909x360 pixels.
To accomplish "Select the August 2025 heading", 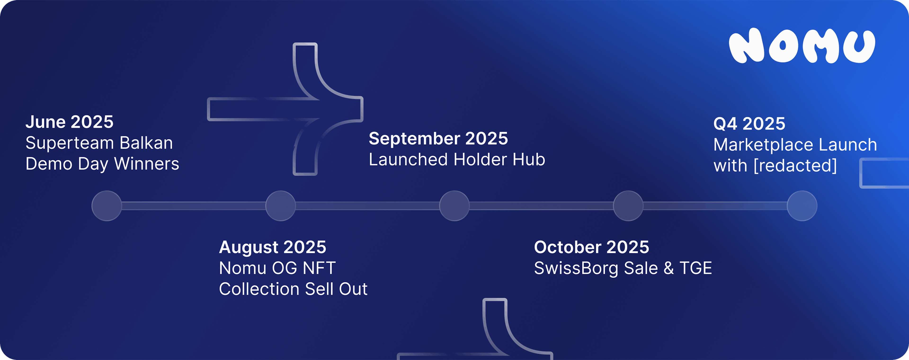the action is (272, 247).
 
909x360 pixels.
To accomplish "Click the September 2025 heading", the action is (438, 138).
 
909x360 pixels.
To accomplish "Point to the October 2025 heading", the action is (591, 247).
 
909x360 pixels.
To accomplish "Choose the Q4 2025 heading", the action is (749, 124).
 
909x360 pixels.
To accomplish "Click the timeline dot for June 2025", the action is (107, 206).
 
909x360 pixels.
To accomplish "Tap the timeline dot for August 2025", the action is (281, 206).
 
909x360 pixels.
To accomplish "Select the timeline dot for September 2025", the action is (454, 206).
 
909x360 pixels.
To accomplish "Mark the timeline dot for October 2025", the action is (628, 206).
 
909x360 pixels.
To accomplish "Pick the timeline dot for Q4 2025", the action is (802, 206).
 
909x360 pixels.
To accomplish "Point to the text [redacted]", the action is (795, 165).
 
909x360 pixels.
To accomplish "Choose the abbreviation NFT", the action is (319, 268).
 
